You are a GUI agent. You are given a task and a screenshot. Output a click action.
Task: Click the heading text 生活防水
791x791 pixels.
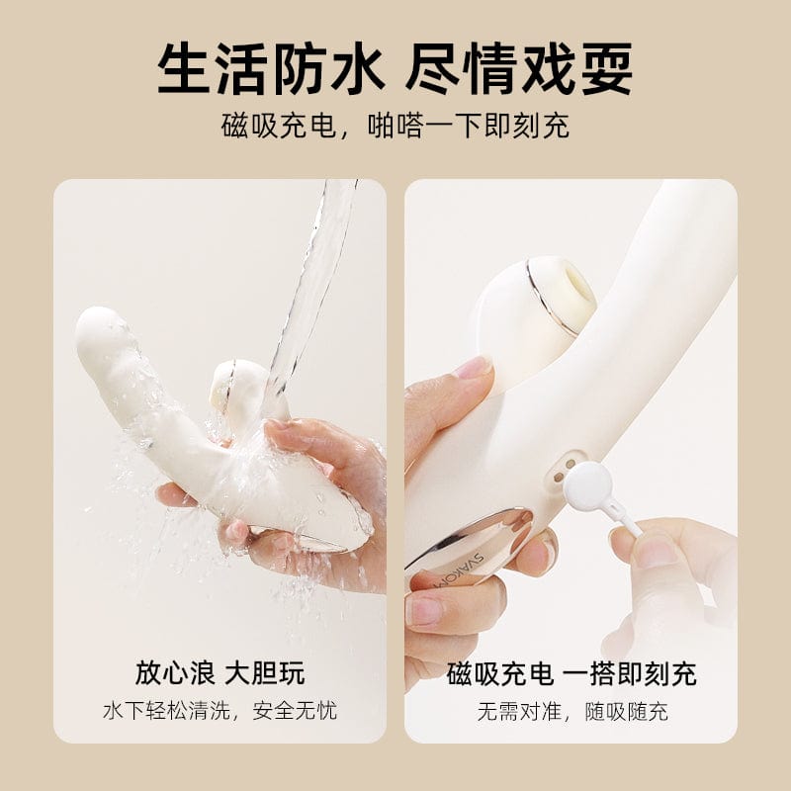270,68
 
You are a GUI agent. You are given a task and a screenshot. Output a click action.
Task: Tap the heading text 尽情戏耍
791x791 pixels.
519,68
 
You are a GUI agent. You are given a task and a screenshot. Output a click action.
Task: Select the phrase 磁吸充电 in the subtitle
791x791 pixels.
279,127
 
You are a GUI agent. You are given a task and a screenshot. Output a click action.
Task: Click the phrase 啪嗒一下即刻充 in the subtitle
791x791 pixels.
468,127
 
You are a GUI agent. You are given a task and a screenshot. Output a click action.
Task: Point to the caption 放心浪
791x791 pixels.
175,672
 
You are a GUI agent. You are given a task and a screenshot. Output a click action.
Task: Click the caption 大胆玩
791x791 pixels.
265,672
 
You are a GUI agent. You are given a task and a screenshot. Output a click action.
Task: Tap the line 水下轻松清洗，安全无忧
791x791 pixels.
220,711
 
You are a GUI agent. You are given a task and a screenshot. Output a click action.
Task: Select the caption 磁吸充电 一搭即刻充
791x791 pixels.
571,673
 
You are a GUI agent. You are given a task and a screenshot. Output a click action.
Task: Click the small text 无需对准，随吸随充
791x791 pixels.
572,712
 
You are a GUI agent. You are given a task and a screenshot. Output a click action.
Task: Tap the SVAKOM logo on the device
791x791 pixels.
460,571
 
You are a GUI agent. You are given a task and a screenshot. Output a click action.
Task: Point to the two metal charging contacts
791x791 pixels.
564,471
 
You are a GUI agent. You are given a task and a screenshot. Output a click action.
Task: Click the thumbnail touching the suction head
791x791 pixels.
473,367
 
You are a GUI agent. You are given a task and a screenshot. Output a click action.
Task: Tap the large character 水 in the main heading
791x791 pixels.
356,68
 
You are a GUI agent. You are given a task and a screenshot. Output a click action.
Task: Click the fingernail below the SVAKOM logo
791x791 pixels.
423,609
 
